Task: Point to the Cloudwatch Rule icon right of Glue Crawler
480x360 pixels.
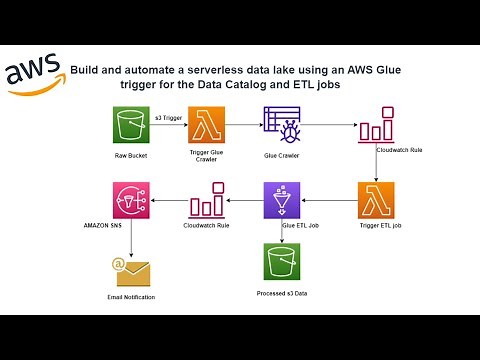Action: [377, 132]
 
